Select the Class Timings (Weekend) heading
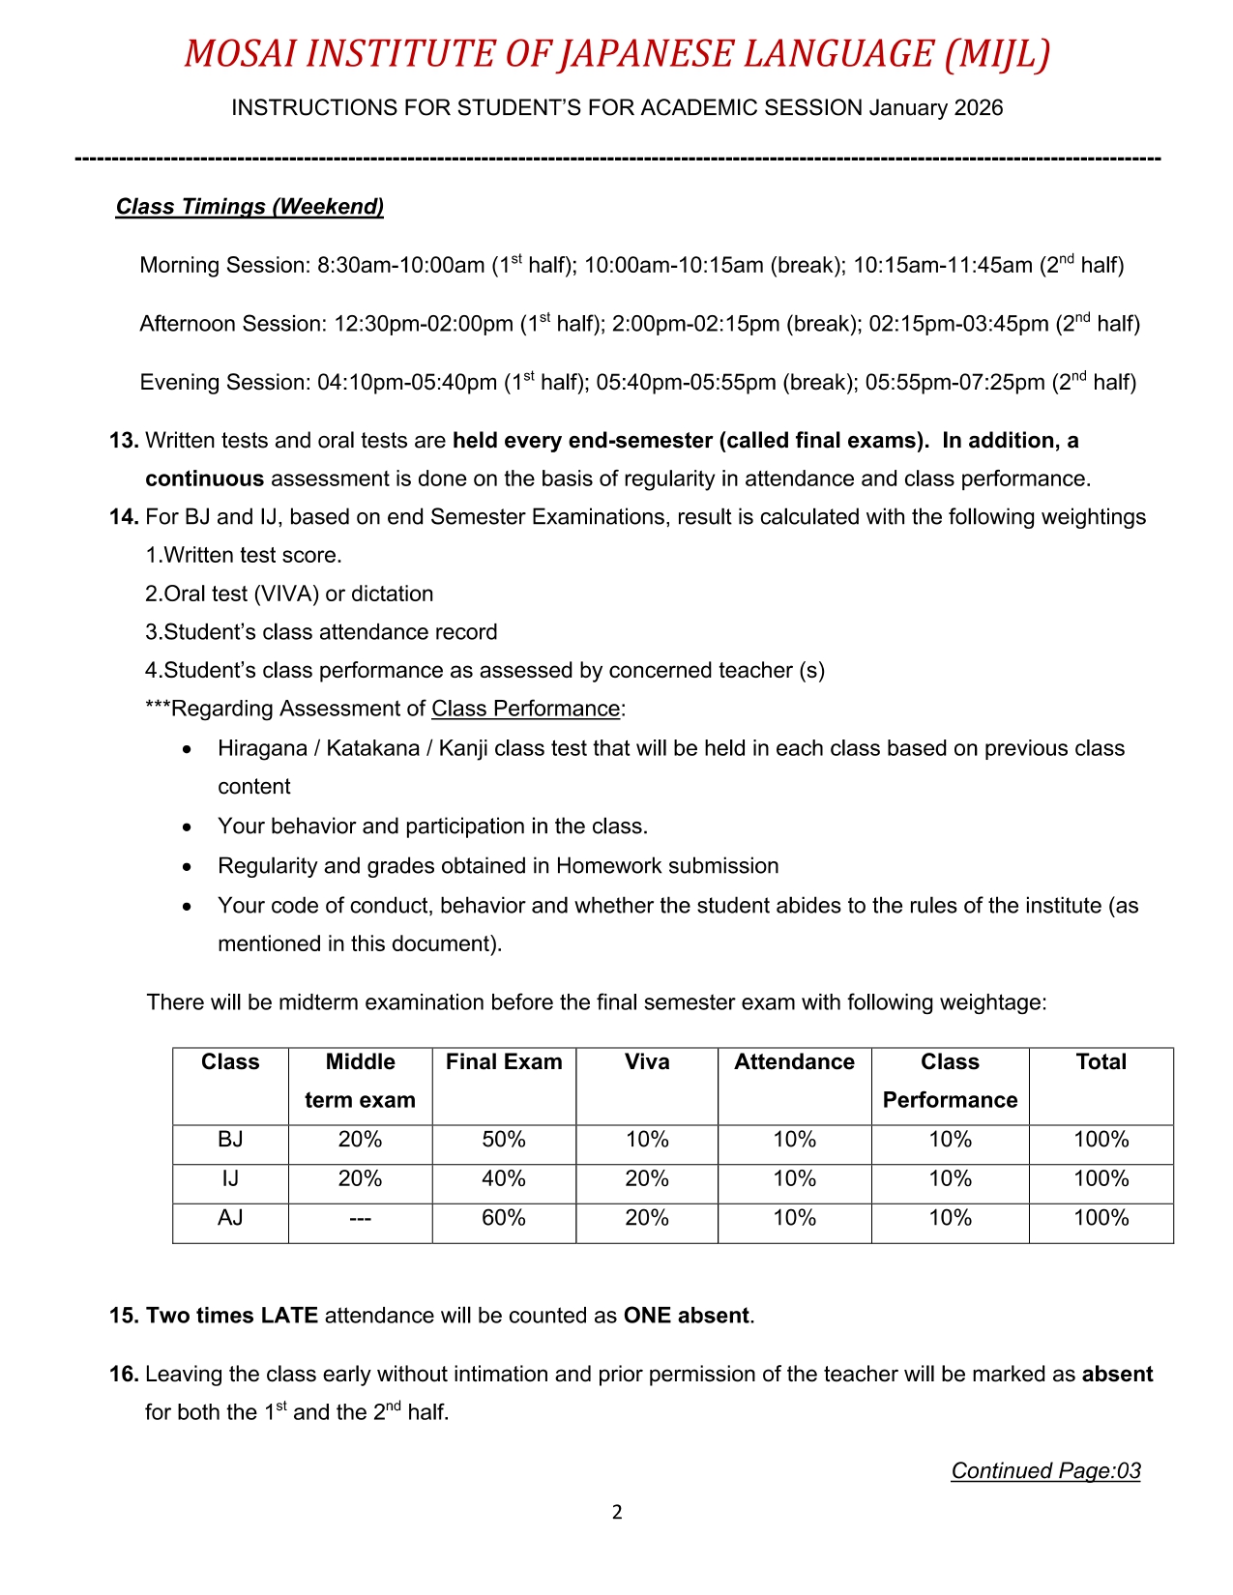click(250, 207)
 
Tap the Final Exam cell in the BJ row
click(504, 1140)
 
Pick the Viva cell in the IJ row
click(647, 1179)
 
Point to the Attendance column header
click(794, 1062)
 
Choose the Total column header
click(1101, 1062)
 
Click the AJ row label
click(230, 1218)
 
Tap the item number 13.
click(124, 441)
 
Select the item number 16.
click(124, 1375)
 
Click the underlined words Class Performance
click(525, 709)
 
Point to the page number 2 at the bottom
click(617, 1513)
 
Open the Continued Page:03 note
click(1045, 1471)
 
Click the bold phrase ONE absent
click(687, 1316)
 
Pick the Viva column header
click(647, 1062)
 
